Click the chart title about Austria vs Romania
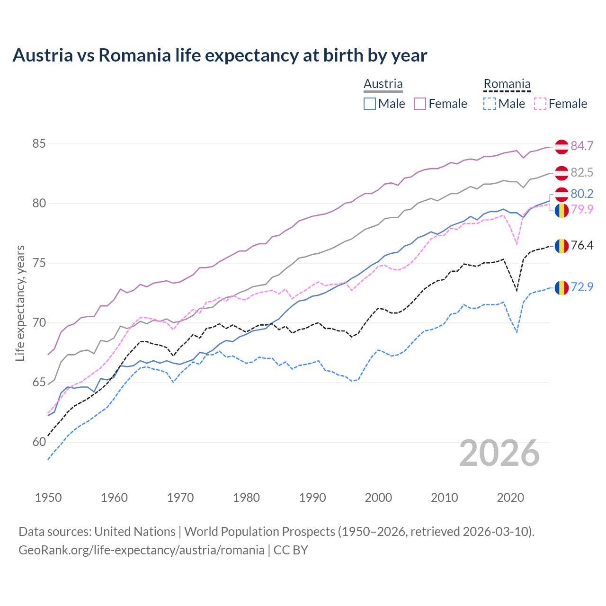pyautogui.click(x=220, y=55)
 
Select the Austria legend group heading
pyautogui.click(x=383, y=84)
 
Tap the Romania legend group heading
pyautogui.click(x=507, y=84)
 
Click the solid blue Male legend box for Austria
pyautogui.click(x=370, y=104)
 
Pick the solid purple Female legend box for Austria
pyautogui.click(x=420, y=104)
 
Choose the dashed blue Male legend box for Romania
pyautogui.click(x=490, y=104)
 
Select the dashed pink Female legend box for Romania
pyautogui.click(x=540, y=104)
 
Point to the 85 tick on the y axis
pyautogui.click(x=39, y=143)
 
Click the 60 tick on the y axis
pyautogui.click(x=39, y=442)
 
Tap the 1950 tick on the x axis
pyautogui.click(x=48, y=498)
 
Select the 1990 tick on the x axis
pyautogui.click(x=312, y=498)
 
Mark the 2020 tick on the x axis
pyautogui.click(x=510, y=498)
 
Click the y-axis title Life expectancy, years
pyautogui.click(x=20, y=303)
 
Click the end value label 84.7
pyautogui.click(x=582, y=146)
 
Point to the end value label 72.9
pyautogui.click(x=582, y=287)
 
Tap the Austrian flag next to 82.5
pyautogui.click(x=561, y=173)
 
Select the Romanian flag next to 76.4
pyautogui.click(x=561, y=246)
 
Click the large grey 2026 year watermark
pyautogui.click(x=499, y=453)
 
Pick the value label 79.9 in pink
pyautogui.click(x=582, y=209)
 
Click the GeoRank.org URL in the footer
pyautogui.click(x=142, y=550)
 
